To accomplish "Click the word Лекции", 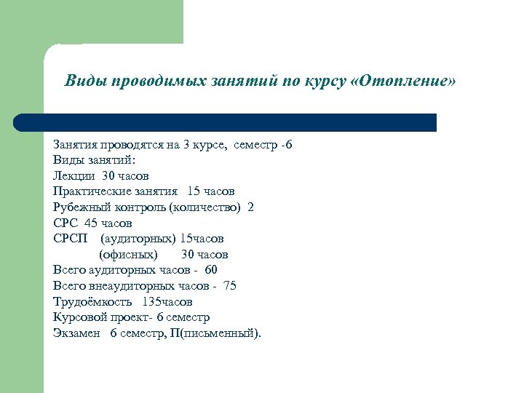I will coord(74,175).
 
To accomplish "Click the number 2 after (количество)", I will coord(251,207).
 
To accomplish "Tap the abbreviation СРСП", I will coord(71,239).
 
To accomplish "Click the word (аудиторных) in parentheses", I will coord(138,239).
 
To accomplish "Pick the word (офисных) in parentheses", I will coord(128,255).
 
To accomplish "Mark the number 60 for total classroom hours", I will coord(211,270).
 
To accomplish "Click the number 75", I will coord(230,286).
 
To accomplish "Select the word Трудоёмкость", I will coord(92,301).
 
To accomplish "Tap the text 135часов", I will coord(167,301).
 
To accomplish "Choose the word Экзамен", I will coord(76,333).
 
